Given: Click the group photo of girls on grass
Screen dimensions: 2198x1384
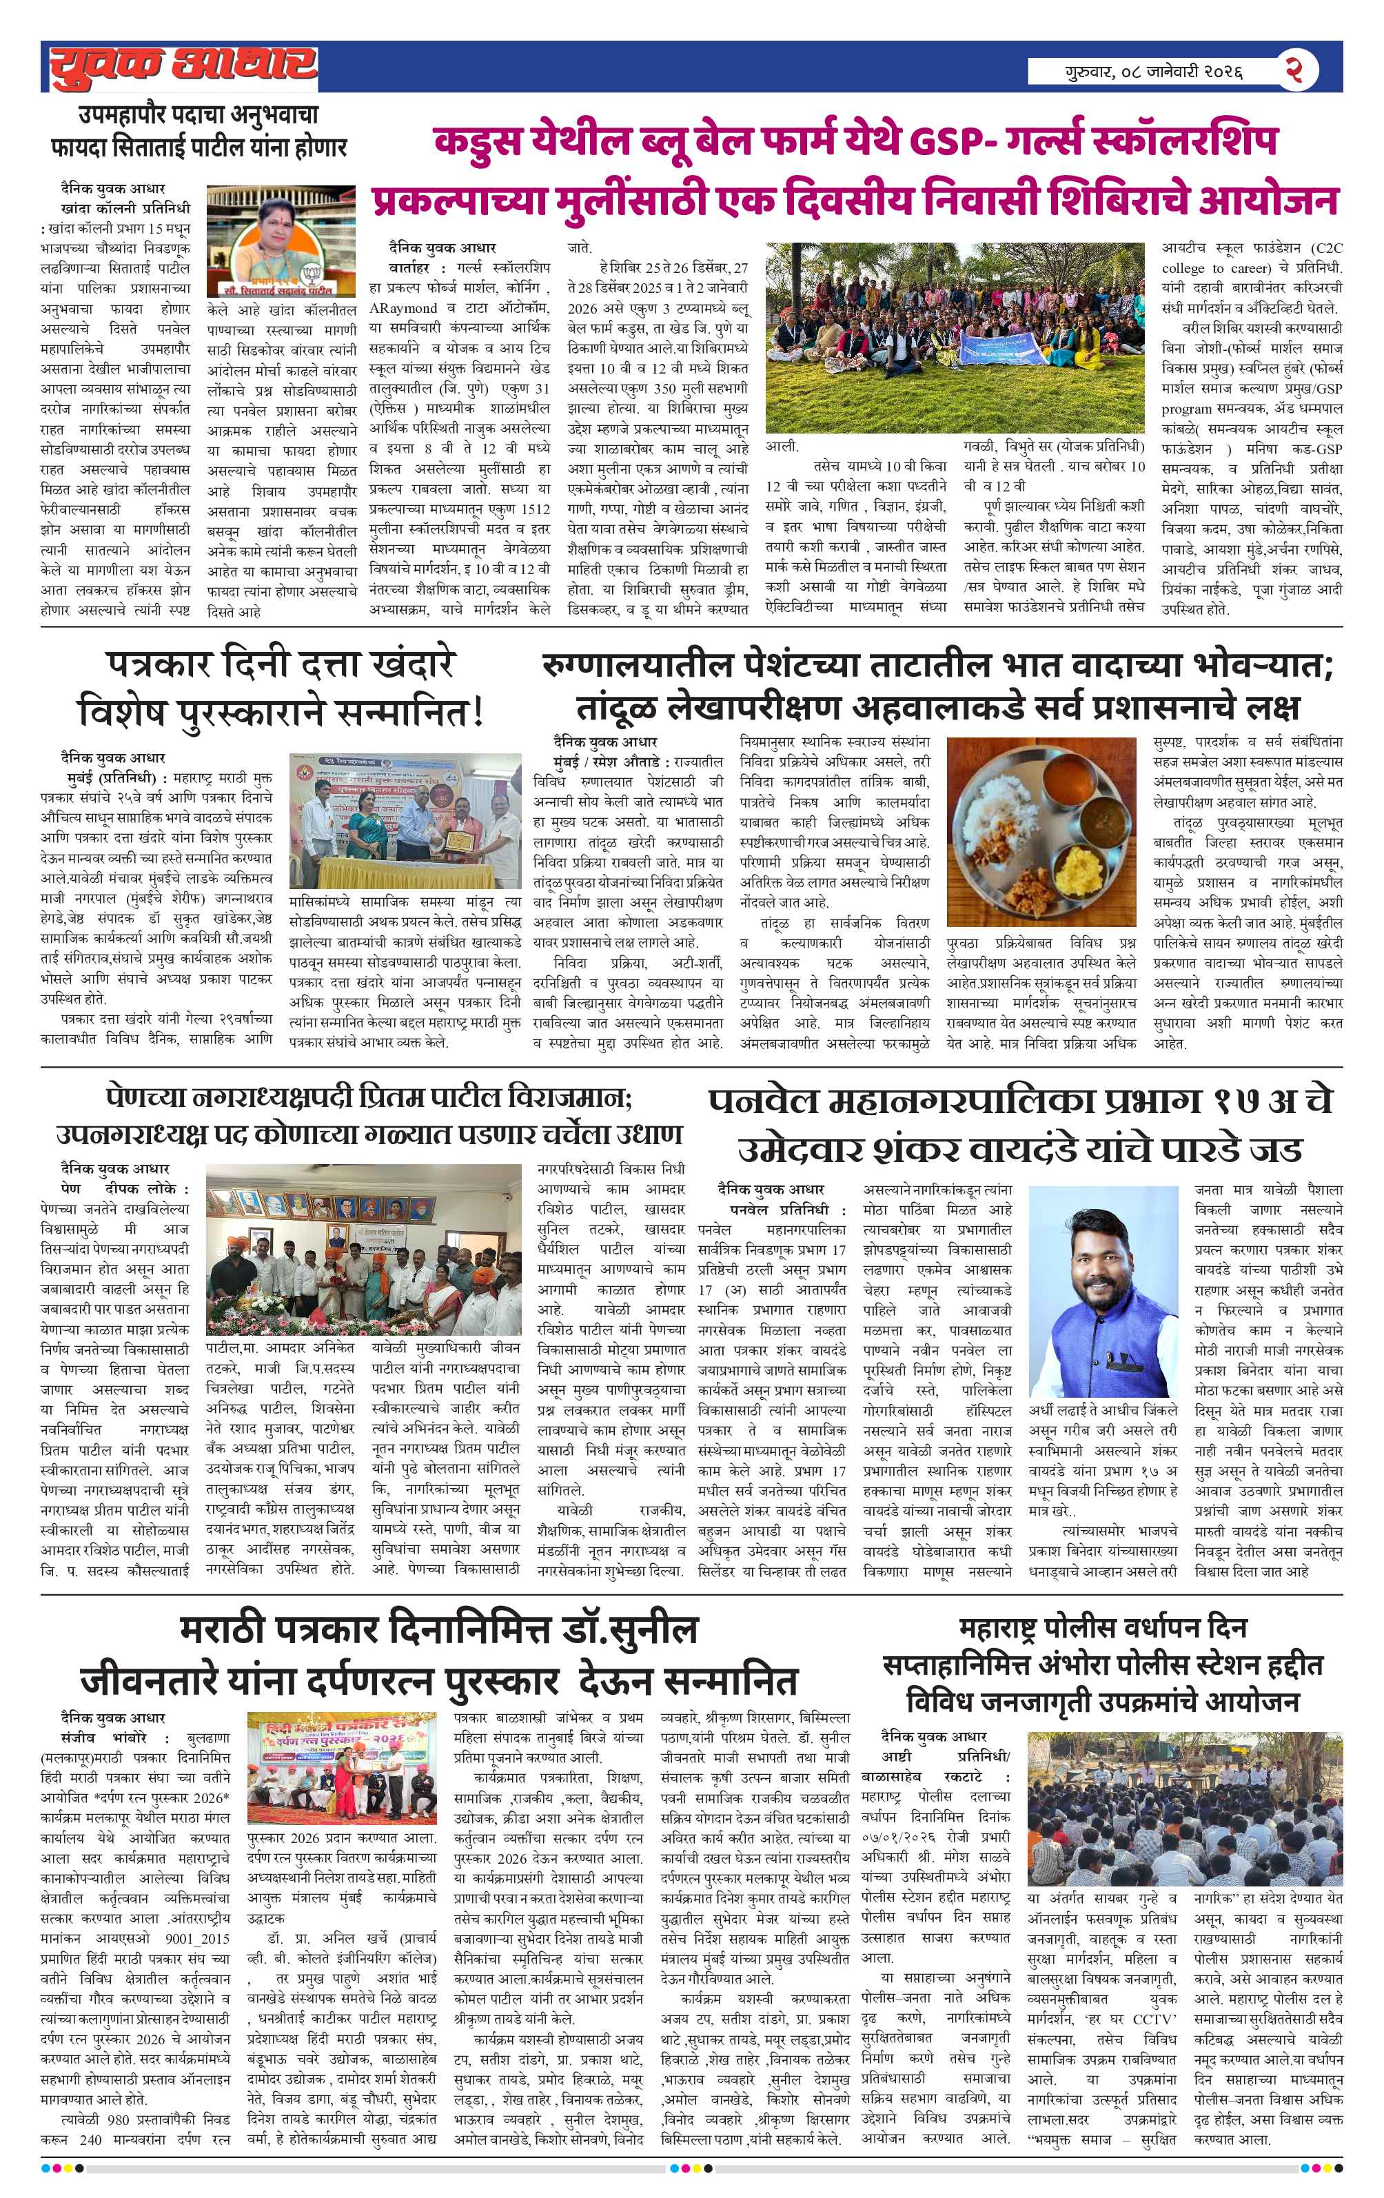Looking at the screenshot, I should tap(954, 337).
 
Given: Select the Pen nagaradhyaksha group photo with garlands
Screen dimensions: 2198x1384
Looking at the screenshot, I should tap(363, 1250).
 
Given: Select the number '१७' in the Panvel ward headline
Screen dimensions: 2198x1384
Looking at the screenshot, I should tap(1239, 1101).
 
